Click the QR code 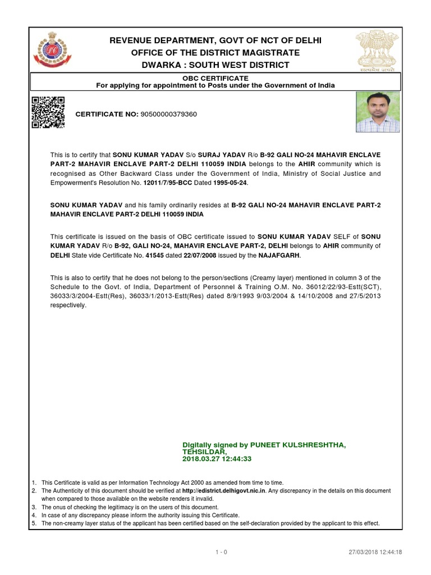[x=47, y=112]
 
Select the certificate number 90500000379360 [x=168, y=114]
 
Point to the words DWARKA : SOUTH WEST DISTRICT [x=215, y=65]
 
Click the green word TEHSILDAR [x=204, y=451]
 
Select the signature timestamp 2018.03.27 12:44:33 [x=216, y=459]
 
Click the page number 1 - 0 [x=221, y=553]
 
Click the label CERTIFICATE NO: [x=107, y=114]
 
